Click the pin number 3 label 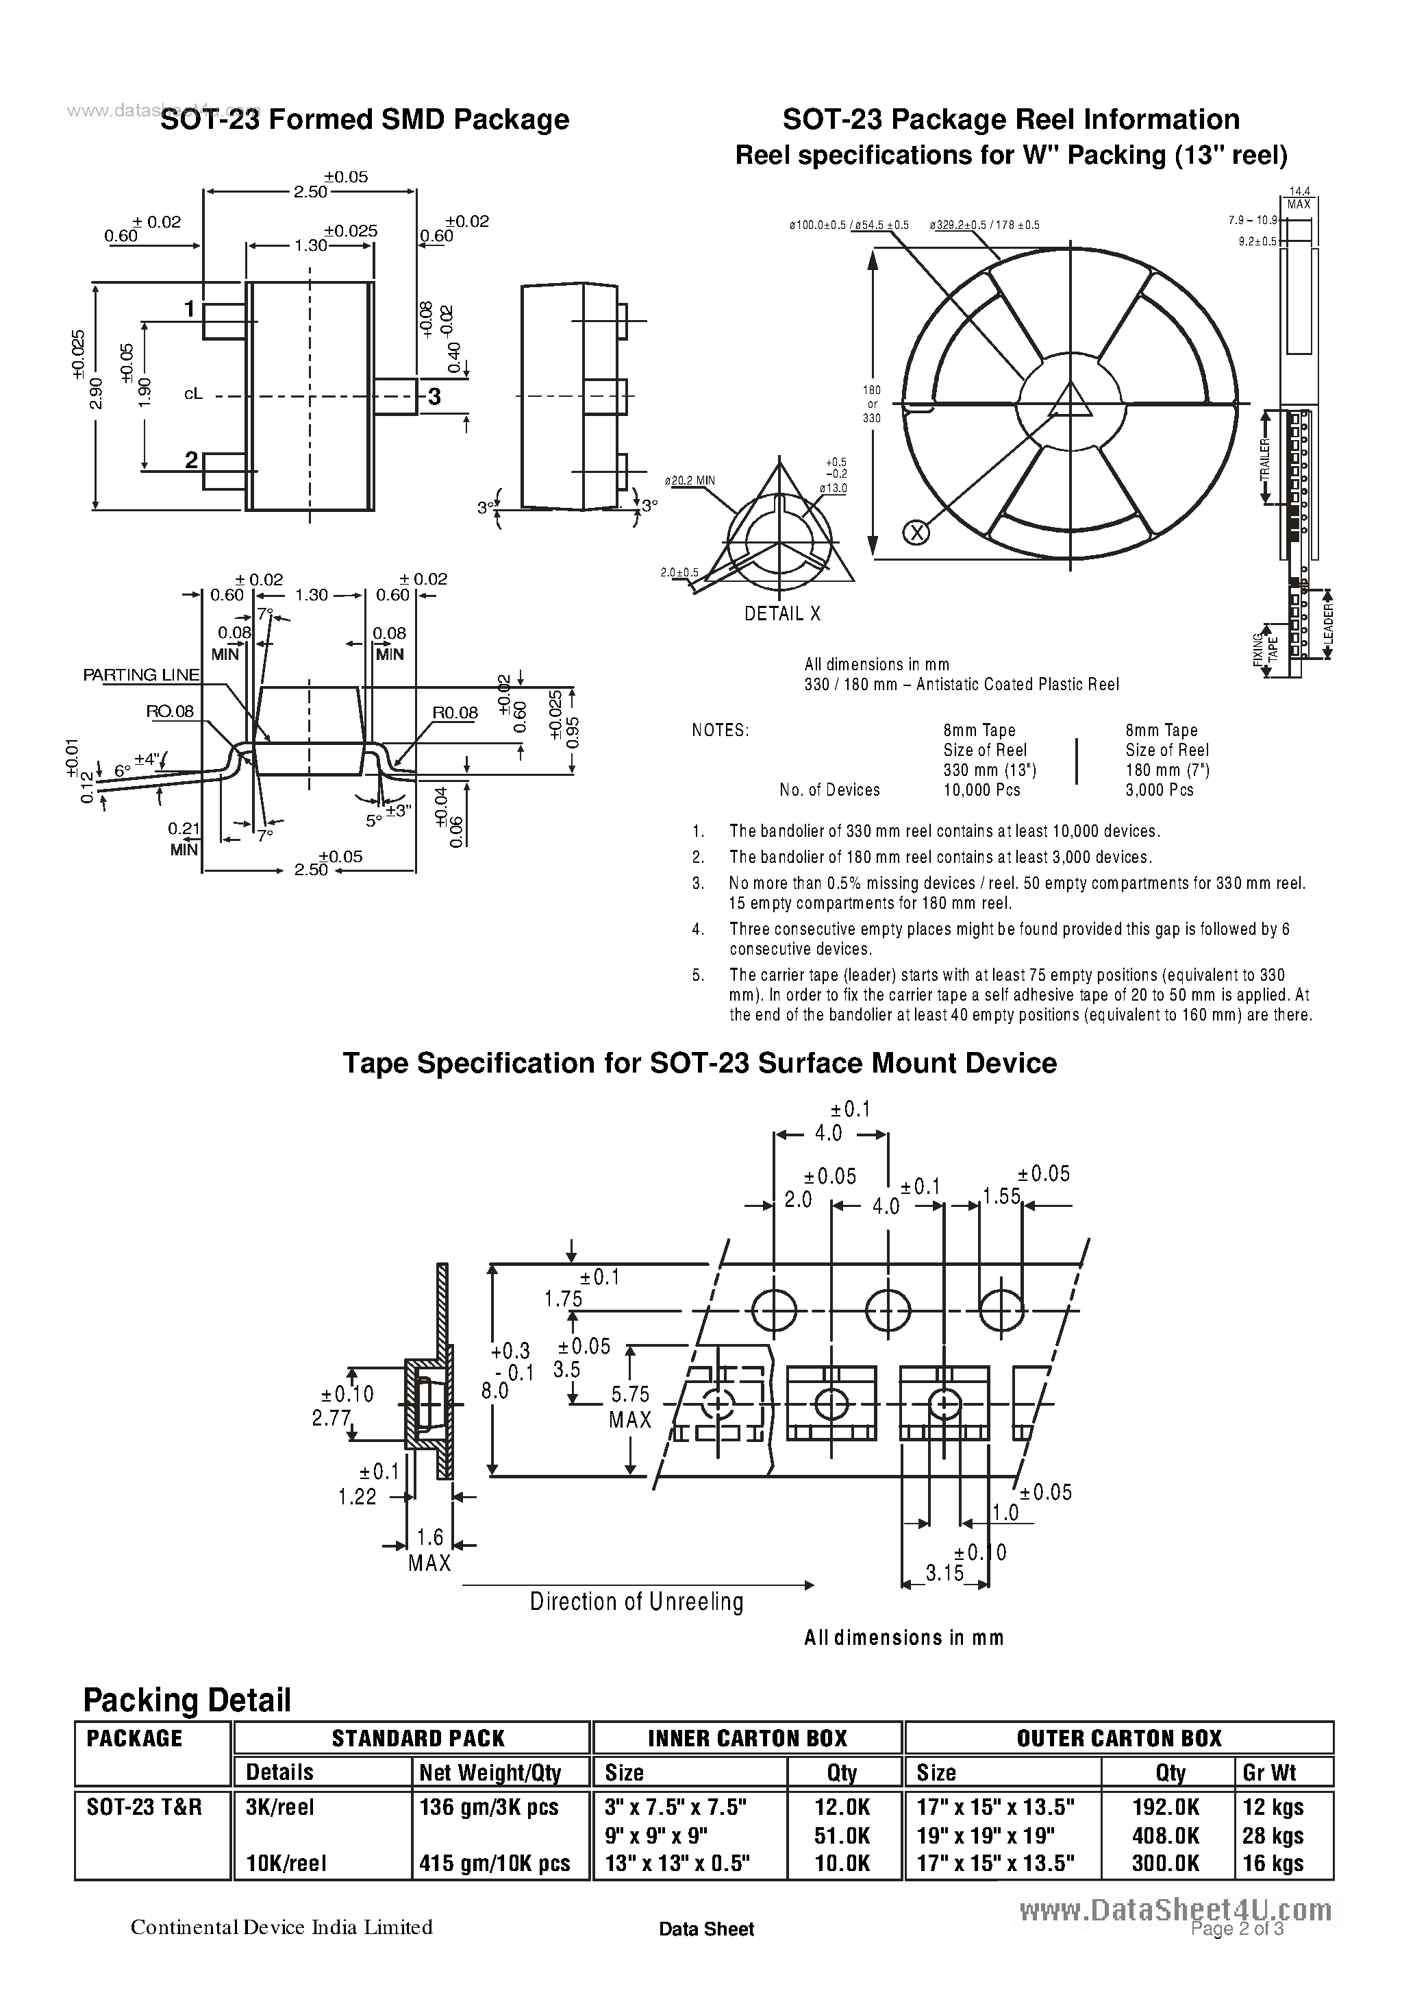tap(434, 397)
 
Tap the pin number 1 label tap(189, 309)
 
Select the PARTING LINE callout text tap(141, 674)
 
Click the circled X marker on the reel tap(916, 532)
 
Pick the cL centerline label tap(192, 395)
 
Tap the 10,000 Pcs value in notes tap(981, 790)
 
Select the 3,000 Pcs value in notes tap(1159, 790)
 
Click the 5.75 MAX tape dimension tap(630, 1407)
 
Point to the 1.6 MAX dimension tap(430, 1548)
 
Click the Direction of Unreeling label tap(636, 1602)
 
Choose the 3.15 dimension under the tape tap(944, 1573)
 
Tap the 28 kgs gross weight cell tap(1272, 1835)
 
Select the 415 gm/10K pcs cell tap(494, 1864)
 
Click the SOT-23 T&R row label tap(144, 1807)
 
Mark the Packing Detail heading tap(187, 1700)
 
